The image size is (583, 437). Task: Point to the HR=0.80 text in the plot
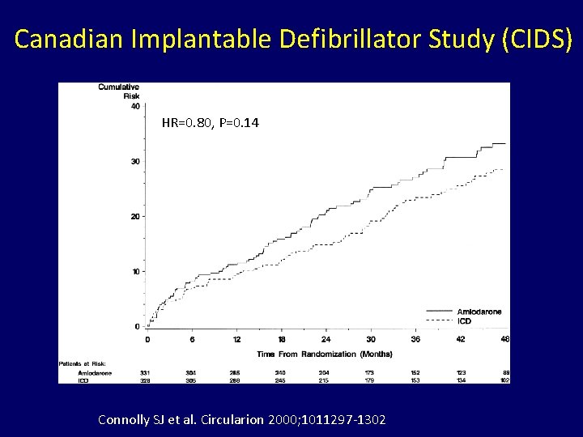(186, 123)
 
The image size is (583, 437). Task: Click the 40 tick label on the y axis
(134, 106)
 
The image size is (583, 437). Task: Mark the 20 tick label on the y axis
(134, 216)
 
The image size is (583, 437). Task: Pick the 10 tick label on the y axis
(134, 271)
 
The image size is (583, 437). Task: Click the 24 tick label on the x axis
(326, 339)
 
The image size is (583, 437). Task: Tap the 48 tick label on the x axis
(504, 339)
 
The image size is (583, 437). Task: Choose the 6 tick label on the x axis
(192, 339)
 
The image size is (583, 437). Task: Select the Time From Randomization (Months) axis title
(324, 354)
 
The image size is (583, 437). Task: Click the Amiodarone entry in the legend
(479, 312)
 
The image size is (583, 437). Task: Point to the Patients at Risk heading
(83, 363)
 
